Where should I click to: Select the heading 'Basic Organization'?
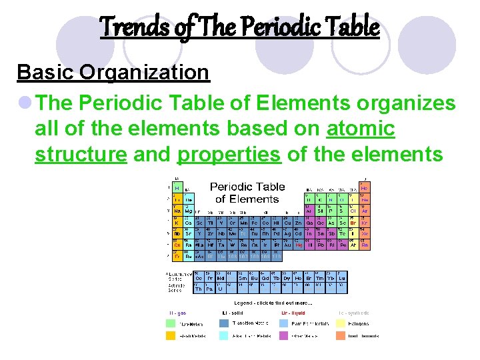click(x=113, y=72)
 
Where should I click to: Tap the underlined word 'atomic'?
click(x=361, y=129)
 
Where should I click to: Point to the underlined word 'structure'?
click(x=81, y=154)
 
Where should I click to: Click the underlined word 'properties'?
click(x=229, y=154)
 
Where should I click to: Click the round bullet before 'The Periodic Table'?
click(x=25, y=103)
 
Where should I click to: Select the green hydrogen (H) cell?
click(x=178, y=187)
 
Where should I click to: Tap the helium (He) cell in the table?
click(x=365, y=187)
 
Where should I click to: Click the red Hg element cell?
click(x=299, y=245)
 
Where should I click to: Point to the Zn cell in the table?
click(x=299, y=222)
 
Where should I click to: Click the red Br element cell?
click(x=353, y=222)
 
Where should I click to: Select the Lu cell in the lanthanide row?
click(x=342, y=278)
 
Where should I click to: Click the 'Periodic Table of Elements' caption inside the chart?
click(x=247, y=193)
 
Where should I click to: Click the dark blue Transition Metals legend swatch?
click(x=224, y=324)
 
